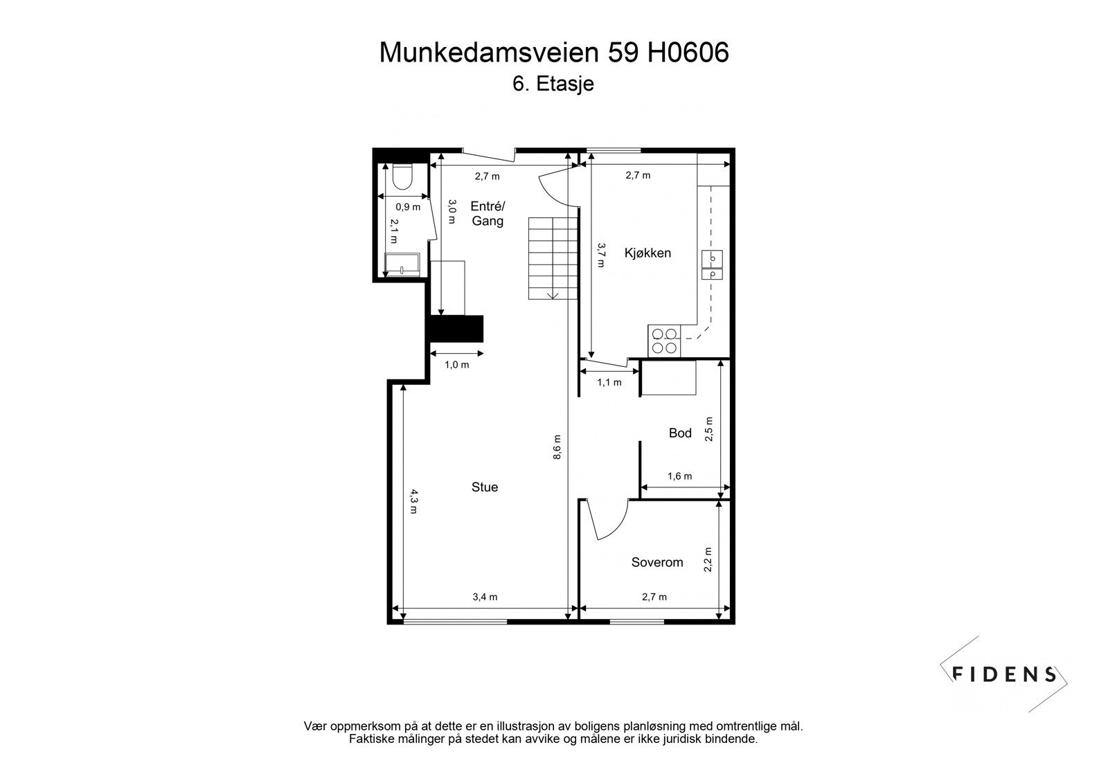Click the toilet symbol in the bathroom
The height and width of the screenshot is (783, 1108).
pos(402,177)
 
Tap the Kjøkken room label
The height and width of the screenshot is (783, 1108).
pos(647,253)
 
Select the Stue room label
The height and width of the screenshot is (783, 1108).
pos(484,487)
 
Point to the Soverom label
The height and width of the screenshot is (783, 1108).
pos(656,563)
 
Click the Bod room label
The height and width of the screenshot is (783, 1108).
pos(679,433)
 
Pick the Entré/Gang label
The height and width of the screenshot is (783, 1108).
pos(488,213)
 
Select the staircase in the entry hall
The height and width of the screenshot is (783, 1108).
pos(553,258)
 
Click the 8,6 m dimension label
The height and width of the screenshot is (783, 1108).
pos(558,447)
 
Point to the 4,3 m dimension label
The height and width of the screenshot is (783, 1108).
pos(413,501)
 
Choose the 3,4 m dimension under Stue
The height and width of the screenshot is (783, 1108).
pos(485,597)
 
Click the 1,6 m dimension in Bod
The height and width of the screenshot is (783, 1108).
pos(679,476)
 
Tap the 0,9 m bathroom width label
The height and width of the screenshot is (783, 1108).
pos(407,207)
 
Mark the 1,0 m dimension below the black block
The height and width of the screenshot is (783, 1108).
pos(456,365)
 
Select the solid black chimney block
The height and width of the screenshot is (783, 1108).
pos(456,329)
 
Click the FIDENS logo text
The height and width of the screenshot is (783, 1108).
pos(1004,674)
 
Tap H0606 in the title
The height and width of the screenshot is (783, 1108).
pos(688,53)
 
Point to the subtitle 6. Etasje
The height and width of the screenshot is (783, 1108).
pos(553,84)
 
